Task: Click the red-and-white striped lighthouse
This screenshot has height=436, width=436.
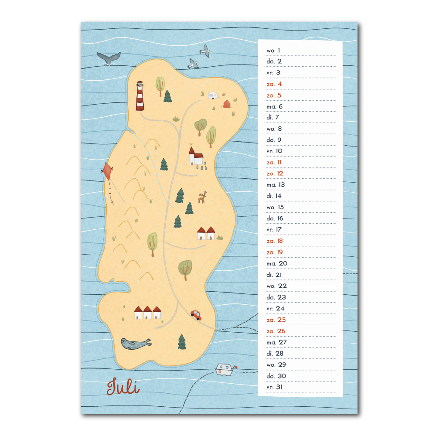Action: (140, 95)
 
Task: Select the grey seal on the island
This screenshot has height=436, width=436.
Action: (136, 344)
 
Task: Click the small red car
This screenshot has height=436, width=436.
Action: (196, 314)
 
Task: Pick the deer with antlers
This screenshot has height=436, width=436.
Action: (202, 197)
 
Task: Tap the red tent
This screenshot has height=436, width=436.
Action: (227, 103)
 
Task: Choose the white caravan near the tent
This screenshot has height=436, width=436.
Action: (213, 95)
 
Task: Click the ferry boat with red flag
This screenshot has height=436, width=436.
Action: (225, 370)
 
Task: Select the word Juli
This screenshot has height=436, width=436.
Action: (123, 387)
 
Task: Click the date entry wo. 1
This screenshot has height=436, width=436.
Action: (273, 51)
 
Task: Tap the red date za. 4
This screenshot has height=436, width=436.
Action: (274, 84)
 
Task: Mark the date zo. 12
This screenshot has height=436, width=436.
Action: (275, 174)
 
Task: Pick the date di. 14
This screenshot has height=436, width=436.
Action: (274, 196)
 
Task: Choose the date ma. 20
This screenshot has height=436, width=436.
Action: (277, 263)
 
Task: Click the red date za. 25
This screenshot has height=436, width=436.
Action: (276, 320)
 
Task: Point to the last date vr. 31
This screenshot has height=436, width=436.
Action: (275, 387)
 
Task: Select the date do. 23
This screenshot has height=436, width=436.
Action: (276, 297)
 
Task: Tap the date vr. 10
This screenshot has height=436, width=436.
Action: (275, 151)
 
